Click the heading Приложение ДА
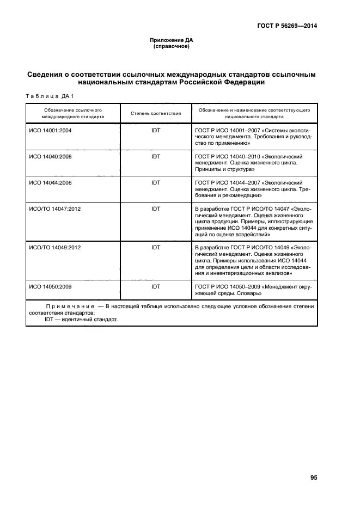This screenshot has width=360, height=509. click(172, 40)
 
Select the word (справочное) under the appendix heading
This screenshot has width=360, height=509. click(172, 46)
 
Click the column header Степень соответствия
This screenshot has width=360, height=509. click(156, 113)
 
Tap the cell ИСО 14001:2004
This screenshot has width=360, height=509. click(51, 131)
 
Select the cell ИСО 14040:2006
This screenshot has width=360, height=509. click(51, 156)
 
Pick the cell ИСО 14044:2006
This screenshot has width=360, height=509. click(51, 182)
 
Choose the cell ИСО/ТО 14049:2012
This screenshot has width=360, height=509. click(54, 247)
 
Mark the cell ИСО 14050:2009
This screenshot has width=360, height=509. click(51, 286)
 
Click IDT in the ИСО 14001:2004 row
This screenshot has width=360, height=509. click(156, 131)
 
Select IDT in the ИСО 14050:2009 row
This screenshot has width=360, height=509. click(156, 286)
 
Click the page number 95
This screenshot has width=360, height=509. click(314, 477)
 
